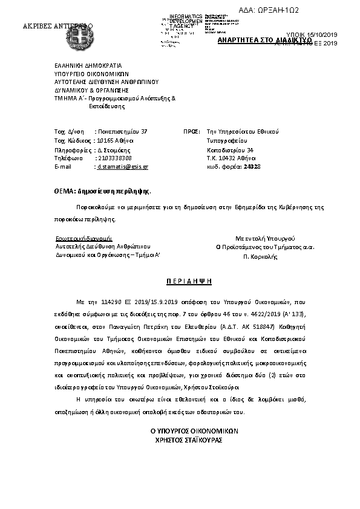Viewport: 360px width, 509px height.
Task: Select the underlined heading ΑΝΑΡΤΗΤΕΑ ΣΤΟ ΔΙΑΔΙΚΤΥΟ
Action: point(264,39)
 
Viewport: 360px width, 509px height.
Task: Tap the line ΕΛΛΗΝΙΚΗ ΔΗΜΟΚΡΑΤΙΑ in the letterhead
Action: point(88,64)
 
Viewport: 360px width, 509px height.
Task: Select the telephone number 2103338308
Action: point(114,157)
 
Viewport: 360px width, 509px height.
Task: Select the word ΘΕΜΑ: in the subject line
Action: point(64,190)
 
